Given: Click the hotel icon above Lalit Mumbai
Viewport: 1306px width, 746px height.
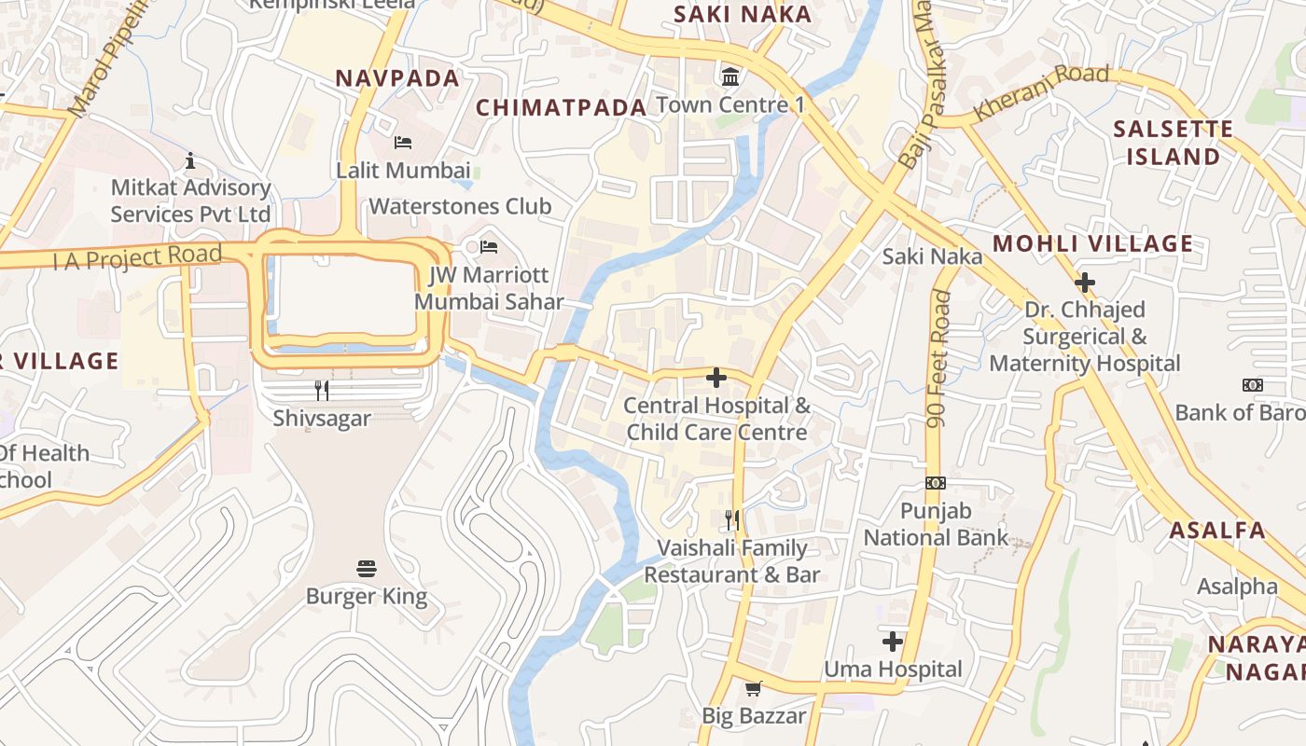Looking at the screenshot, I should coord(403,143).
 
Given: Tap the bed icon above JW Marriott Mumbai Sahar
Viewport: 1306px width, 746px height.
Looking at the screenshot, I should coord(489,247).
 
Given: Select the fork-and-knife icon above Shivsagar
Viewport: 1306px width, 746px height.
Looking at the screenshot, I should coord(322,390).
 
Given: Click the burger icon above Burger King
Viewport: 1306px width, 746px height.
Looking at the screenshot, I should coord(367,569).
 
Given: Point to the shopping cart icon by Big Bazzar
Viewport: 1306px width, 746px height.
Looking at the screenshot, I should coord(754,688).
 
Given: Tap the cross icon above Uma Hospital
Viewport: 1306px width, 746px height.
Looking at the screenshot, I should coord(893,642).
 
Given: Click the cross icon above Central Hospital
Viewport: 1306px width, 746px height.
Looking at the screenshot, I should coord(716,378).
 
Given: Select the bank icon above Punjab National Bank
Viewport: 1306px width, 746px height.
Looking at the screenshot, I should coord(936,483).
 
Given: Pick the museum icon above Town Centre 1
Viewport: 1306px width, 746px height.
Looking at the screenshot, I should coord(730,76).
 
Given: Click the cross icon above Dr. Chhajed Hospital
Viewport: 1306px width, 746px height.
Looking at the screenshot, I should coord(1085,282).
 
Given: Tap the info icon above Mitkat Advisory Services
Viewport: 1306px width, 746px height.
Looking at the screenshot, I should coord(190,160).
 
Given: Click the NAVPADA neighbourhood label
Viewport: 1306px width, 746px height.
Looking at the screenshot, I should coord(397,78).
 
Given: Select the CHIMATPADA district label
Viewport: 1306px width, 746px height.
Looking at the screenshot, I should coord(562,107).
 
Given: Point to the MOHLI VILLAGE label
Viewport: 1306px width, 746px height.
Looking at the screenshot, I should coord(1092,244).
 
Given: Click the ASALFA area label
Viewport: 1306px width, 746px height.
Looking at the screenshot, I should coord(1217,531).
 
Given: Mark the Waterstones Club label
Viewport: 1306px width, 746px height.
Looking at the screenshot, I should coord(461,206).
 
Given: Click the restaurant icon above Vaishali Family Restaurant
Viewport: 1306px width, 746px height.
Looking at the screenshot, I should coord(732,519).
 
